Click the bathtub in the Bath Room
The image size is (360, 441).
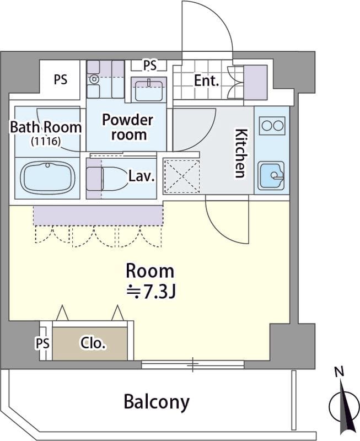(48, 177)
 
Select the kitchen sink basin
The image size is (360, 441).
(272, 175)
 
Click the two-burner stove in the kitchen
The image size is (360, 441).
(272, 126)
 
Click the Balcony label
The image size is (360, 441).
(157, 402)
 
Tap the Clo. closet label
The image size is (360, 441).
(93, 343)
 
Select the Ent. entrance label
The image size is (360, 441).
(206, 81)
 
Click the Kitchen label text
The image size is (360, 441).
(241, 153)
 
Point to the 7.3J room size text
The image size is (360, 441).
(151, 292)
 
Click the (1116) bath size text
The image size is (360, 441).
(46, 141)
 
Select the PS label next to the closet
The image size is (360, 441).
(42, 343)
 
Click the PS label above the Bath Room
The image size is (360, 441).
(61, 79)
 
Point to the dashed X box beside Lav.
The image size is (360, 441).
(182, 176)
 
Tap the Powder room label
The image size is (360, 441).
(128, 127)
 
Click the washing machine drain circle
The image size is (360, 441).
(93, 79)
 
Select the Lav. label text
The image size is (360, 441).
(142, 176)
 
